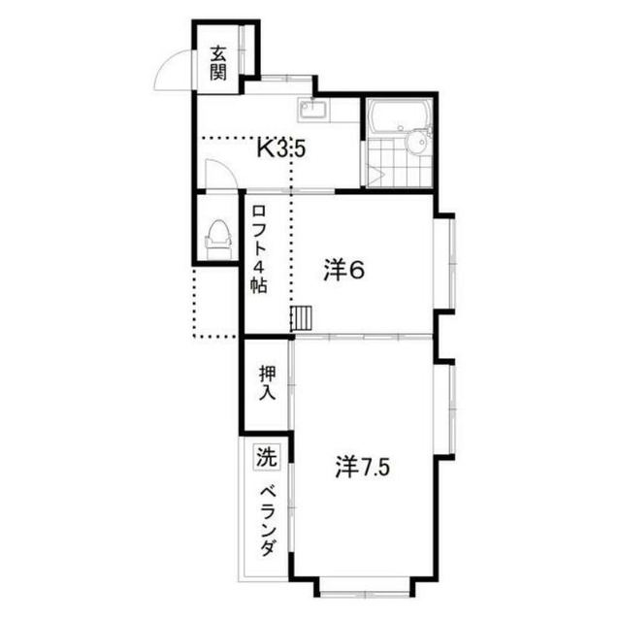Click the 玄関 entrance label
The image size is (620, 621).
(x=218, y=63)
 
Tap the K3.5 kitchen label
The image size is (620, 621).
(x=281, y=149)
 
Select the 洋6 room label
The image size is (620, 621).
(x=344, y=271)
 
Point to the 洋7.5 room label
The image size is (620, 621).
(x=363, y=467)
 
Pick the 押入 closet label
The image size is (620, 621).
(x=267, y=383)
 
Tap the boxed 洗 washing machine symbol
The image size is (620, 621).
(x=267, y=457)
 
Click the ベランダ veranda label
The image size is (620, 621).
(x=268, y=522)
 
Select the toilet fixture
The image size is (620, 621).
(x=217, y=240)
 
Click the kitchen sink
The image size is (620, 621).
(x=313, y=109)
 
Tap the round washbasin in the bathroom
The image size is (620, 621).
(x=415, y=142)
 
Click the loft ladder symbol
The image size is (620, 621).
(x=302, y=317)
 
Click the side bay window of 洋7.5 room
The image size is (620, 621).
(x=445, y=409)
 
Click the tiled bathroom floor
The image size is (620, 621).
(x=398, y=162)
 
